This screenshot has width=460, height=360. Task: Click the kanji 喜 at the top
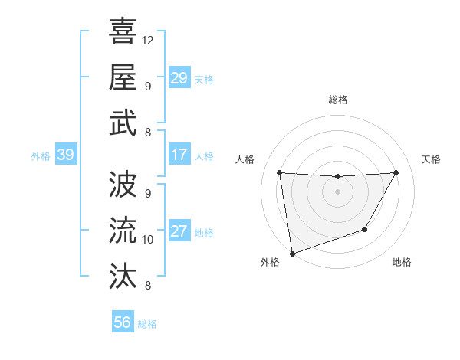coord(123,31)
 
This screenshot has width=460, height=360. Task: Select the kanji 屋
coord(123,77)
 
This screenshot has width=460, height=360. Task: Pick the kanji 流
coord(123,228)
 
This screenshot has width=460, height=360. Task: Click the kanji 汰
coord(123,274)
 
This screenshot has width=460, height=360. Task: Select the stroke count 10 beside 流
coord(149,240)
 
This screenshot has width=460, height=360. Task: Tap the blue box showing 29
coord(179,78)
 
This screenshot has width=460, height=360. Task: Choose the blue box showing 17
coord(179,155)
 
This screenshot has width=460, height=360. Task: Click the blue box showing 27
coord(179,232)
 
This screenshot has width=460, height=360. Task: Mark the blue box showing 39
coord(65,155)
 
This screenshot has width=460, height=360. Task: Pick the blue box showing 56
coord(122,322)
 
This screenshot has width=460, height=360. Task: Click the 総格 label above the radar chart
coord(338,100)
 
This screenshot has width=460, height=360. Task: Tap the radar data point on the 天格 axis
coord(396,172)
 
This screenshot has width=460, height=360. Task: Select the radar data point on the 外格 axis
coord(292,253)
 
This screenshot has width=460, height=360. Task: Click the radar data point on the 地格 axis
coord(365,229)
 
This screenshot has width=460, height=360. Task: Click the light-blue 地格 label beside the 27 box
coord(204,233)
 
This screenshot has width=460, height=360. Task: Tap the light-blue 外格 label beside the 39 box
coord(41,156)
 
